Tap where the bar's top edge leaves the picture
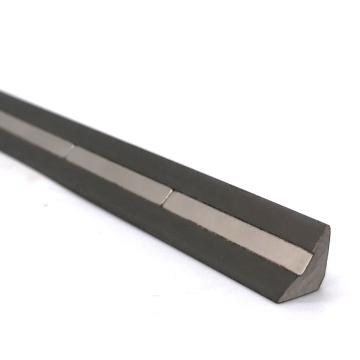tap(2, 93)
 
